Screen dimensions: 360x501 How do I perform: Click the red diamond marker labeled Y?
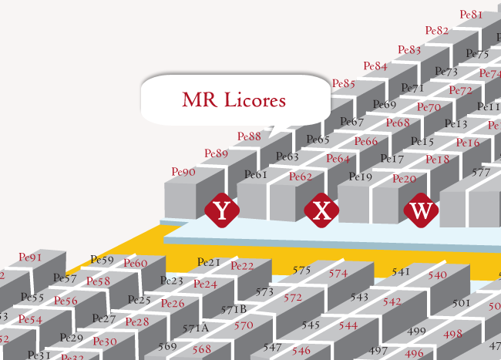[x=221, y=210]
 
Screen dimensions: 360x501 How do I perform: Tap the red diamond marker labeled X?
[x=322, y=210]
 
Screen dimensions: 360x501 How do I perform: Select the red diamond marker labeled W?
[x=421, y=210]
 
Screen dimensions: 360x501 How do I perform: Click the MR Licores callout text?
[x=234, y=99]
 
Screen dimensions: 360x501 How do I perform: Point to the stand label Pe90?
[x=183, y=172]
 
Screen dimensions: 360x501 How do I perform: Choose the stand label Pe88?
[x=249, y=136]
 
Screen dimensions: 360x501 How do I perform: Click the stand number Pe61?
[x=255, y=175]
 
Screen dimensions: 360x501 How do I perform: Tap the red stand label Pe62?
[x=301, y=177]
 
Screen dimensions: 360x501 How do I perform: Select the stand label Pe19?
[x=361, y=177]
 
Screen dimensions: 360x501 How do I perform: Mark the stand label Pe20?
[x=404, y=179]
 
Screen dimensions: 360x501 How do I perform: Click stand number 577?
[x=481, y=173]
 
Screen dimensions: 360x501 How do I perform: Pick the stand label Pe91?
[x=30, y=257]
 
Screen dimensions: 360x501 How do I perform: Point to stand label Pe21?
[x=209, y=263]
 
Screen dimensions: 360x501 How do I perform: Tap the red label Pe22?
[x=242, y=266]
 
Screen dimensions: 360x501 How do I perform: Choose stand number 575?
[x=301, y=270]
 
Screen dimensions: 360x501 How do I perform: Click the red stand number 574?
[x=338, y=273]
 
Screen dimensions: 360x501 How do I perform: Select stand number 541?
[x=401, y=271]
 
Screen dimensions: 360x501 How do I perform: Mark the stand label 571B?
[x=234, y=309]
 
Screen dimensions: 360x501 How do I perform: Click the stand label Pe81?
[x=471, y=14]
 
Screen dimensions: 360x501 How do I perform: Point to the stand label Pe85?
[x=343, y=83]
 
